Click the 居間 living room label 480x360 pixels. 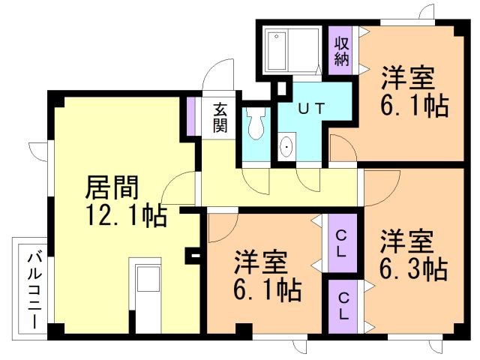pos(112,187)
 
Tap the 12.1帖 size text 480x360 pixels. pos(126,215)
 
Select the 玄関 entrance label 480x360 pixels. pos(220,117)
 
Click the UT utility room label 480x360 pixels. pos(311,108)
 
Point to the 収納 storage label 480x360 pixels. pos(342,51)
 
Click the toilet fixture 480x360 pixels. pos(256,123)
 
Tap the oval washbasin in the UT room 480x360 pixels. pos(286,147)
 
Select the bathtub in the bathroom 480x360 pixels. pos(277,51)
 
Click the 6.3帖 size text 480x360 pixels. pos(414,269)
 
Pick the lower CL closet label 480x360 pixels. pos(343,306)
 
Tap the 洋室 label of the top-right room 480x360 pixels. pos(408,78)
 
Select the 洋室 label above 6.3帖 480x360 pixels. pos(407,241)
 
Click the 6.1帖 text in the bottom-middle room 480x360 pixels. pos(268,289)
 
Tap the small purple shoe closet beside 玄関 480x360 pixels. pos(191,116)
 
